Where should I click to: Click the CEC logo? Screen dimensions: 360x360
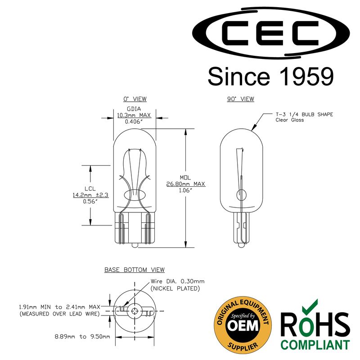click(271, 33)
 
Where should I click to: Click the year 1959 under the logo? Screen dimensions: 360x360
click(306, 76)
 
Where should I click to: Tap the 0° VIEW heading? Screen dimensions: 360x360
click(135, 99)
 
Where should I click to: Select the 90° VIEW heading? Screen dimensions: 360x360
click(241, 99)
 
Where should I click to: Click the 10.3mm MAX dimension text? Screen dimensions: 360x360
click(134, 115)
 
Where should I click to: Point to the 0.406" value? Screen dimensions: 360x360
click(134, 121)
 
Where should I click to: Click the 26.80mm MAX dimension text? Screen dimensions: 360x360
click(186, 184)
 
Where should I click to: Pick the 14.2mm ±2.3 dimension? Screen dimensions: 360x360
click(91, 195)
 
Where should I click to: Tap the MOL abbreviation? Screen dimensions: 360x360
click(185, 177)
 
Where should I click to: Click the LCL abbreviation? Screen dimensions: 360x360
click(90, 189)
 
